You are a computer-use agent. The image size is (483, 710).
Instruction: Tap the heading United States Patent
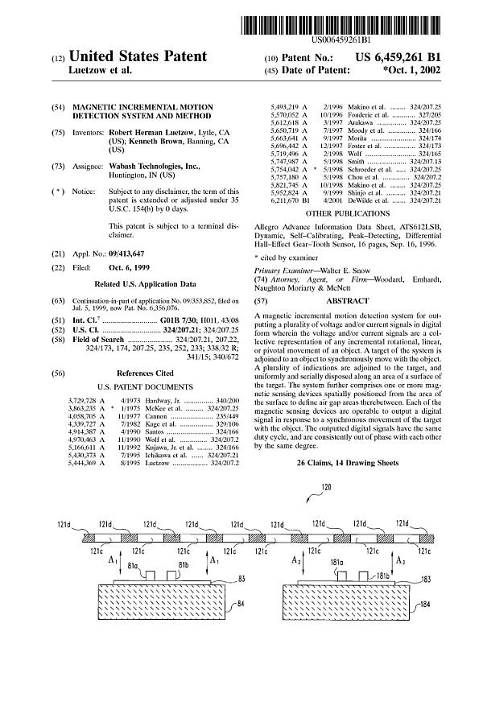click(138, 57)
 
